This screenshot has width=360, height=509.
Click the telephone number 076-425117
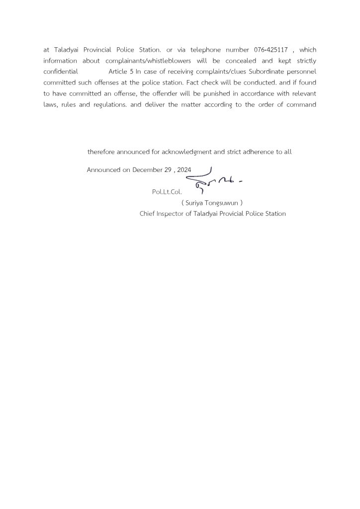pos(270,50)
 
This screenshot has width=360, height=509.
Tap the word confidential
pos(61,72)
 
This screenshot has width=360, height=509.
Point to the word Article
pos(117,72)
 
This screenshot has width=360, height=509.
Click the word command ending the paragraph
pos(300,104)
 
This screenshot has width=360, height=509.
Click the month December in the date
pos(147,170)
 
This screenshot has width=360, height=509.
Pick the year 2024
pos(183,170)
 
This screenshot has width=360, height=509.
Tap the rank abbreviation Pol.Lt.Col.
pos(167,191)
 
